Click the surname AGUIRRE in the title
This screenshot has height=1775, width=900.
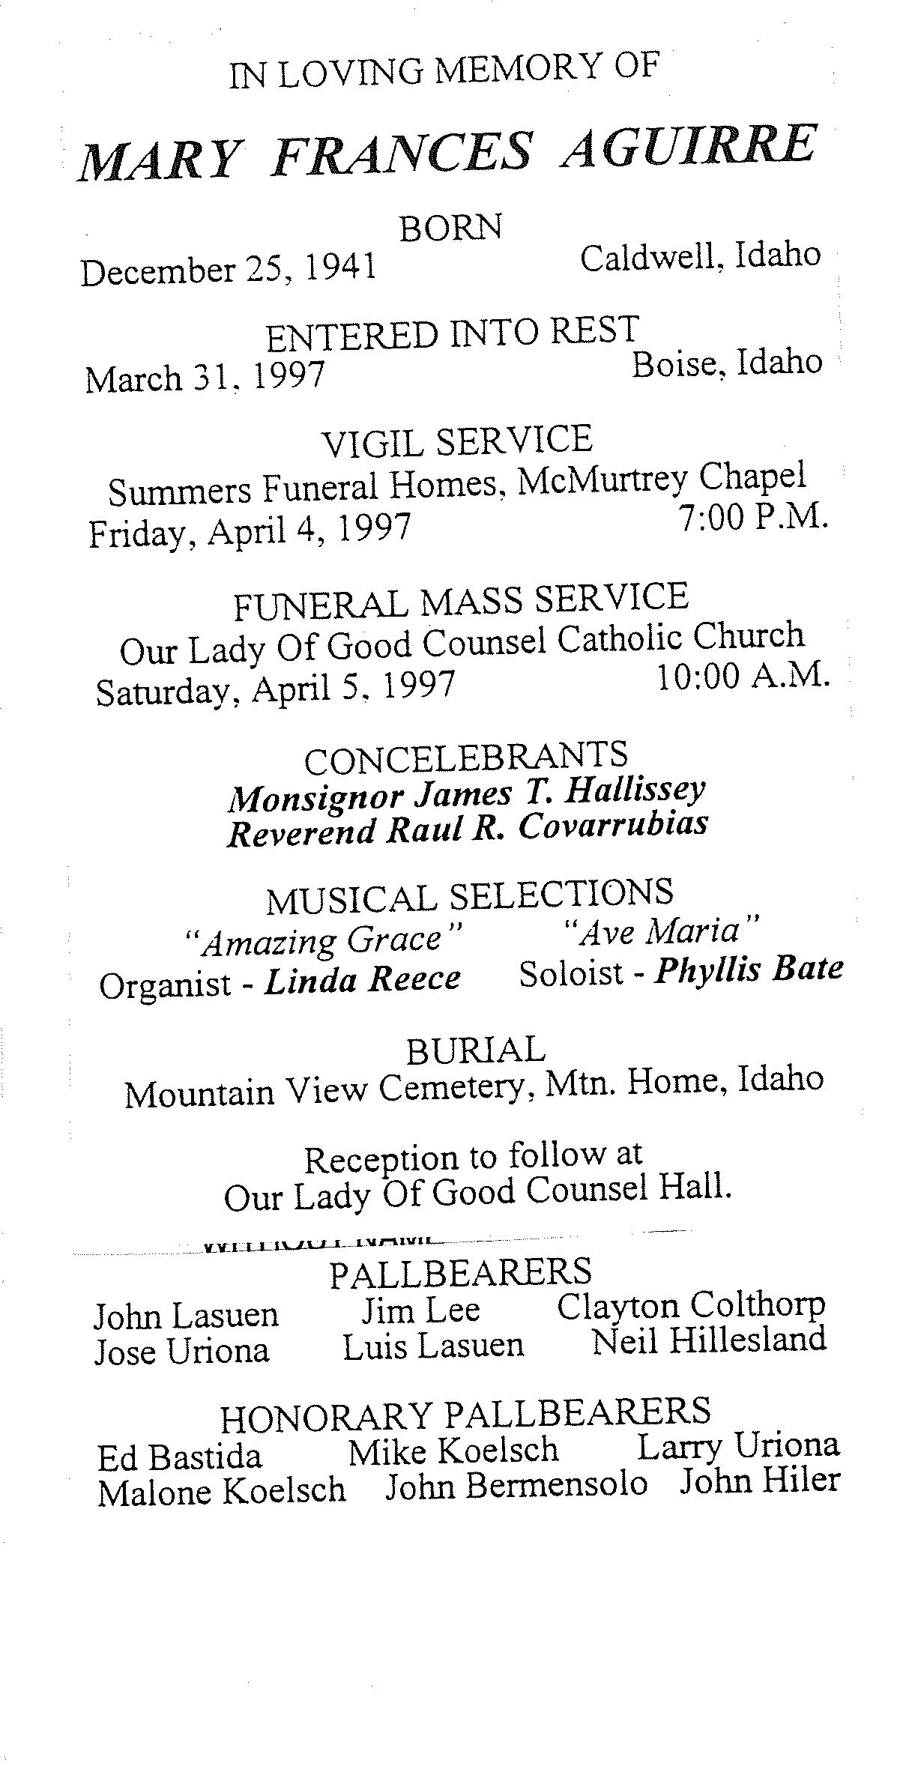688,147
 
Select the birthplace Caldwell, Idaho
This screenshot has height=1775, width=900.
700,257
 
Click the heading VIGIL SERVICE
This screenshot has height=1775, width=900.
457,441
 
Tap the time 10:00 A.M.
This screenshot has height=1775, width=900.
743,677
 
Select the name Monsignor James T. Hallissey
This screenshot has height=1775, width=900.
466,794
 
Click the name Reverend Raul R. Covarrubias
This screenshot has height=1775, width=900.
466,829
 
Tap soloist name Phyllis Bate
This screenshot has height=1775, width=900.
749,970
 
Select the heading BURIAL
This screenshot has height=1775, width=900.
475,1051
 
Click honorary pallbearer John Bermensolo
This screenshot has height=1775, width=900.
516,1484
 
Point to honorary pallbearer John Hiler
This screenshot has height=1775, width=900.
759,1481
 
